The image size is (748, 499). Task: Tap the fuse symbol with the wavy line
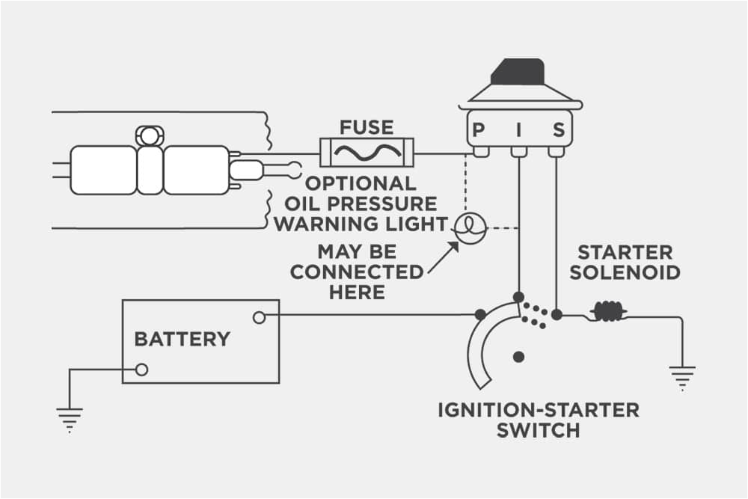tap(367, 153)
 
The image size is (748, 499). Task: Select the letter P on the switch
tap(478, 131)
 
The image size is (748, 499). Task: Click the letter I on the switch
tap(518, 131)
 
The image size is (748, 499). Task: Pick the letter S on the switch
tap(558, 131)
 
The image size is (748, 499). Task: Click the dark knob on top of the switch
tap(518, 72)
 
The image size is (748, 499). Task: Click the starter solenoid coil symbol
tap(607, 312)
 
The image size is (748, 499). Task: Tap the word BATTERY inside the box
tap(182, 339)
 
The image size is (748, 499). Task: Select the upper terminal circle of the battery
tap(259, 318)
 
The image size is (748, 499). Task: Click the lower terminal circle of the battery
tap(141, 370)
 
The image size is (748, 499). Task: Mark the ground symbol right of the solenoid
tap(682, 378)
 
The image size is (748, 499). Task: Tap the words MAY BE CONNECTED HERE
tap(355, 271)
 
